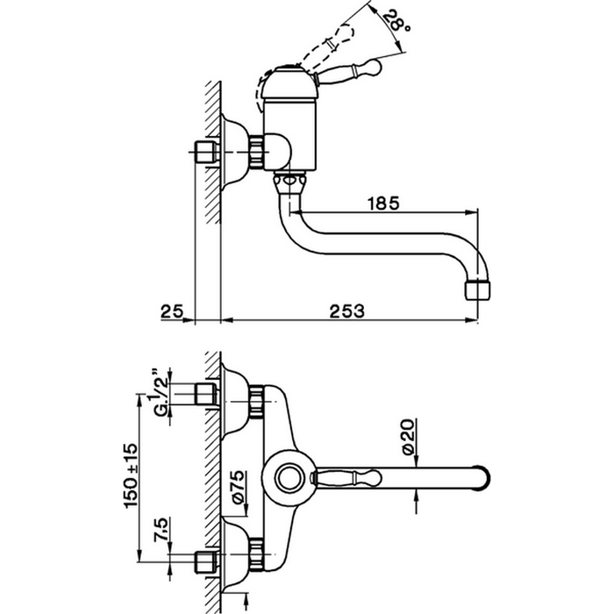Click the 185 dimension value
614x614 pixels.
pyautogui.click(x=384, y=203)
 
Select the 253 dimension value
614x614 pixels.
pyautogui.click(x=347, y=310)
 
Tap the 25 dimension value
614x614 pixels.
pyautogui.click(x=172, y=310)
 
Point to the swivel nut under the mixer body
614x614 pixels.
pyautogui.click(x=289, y=181)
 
